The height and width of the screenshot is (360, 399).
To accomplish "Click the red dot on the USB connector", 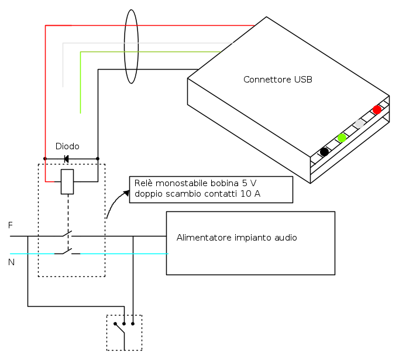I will click(377, 109).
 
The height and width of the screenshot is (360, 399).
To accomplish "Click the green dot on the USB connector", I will click(342, 138).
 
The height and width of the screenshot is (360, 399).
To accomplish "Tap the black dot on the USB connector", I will click(324, 152).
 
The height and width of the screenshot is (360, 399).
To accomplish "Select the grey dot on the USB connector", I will click(359, 124).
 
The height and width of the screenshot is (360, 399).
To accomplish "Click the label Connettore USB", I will click(277, 80).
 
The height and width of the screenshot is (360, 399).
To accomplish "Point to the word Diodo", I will click(67, 146).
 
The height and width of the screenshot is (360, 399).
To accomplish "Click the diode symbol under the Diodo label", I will click(66, 159).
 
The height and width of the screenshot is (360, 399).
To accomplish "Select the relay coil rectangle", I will click(68, 181).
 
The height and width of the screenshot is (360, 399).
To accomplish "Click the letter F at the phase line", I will click(11, 225).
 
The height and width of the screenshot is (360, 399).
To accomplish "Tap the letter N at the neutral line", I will click(11, 262).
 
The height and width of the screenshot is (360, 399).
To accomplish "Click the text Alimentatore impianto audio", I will click(236, 238).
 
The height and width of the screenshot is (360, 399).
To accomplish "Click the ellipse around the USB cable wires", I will click(131, 48).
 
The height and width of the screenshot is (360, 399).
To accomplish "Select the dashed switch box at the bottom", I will click(124, 332).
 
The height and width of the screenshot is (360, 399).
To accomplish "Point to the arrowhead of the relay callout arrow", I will click(129, 191).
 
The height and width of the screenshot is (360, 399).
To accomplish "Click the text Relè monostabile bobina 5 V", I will click(195, 183).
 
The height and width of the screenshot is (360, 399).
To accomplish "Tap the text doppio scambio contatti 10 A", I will click(197, 193).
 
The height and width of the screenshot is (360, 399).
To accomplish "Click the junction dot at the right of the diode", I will click(98, 159).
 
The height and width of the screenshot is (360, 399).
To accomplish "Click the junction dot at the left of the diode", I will click(45, 159).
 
